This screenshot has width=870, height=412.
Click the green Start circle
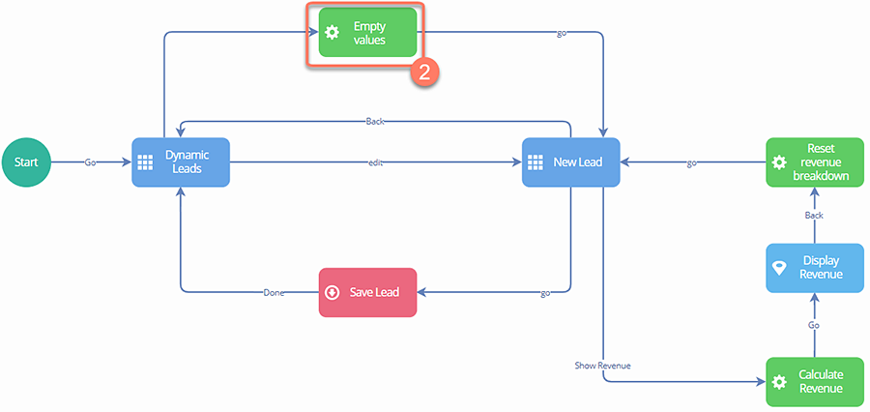click(x=26, y=162)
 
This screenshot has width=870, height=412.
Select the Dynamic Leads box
click(x=180, y=162)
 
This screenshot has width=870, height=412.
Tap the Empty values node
click(x=367, y=33)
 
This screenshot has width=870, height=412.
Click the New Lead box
click(x=570, y=162)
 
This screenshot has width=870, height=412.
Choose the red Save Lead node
click(x=367, y=292)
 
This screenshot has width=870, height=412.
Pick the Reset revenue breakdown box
click(x=814, y=162)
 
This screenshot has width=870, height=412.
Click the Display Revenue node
click(x=814, y=268)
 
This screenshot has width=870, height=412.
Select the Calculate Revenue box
click(x=814, y=381)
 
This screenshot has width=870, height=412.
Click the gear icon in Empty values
click(x=333, y=33)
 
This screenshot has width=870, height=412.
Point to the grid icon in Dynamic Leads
click(x=145, y=162)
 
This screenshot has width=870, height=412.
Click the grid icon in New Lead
click(x=536, y=162)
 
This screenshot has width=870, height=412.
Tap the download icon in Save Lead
click(x=333, y=292)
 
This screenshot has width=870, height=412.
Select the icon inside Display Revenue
click(x=779, y=268)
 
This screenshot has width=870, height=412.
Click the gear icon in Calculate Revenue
click(x=779, y=381)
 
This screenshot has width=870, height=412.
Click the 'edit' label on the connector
click(x=376, y=162)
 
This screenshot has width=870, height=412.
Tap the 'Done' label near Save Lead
click(x=274, y=292)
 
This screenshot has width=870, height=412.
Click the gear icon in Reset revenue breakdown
click(x=779, y=162)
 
